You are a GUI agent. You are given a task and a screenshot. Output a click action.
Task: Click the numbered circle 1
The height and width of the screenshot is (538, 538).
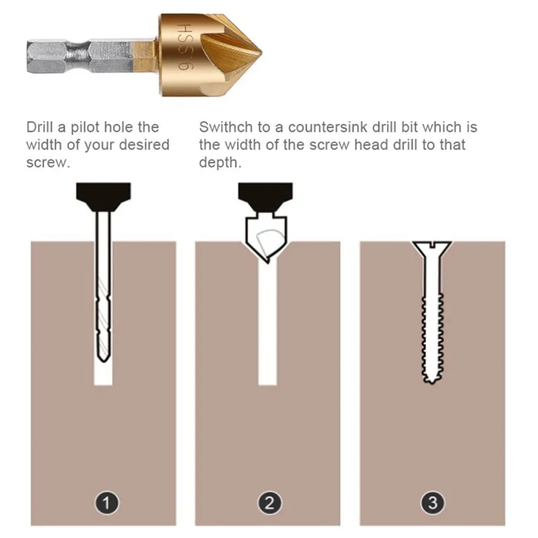107,503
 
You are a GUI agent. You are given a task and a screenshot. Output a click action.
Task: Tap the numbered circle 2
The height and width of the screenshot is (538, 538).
270,503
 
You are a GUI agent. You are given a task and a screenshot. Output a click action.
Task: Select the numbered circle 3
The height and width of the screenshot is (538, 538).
432,503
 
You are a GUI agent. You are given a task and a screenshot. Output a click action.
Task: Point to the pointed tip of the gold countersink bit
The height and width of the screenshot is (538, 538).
262,53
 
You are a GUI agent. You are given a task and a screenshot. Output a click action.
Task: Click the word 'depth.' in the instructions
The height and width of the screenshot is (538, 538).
220,163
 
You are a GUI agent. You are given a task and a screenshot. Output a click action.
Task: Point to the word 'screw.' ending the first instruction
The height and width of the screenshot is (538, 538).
48,163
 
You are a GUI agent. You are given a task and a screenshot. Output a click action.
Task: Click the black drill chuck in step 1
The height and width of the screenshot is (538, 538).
104,197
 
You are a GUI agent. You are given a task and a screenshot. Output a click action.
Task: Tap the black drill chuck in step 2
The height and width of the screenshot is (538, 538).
265,197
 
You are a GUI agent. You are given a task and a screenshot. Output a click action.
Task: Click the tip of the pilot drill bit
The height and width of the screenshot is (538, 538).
104,362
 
